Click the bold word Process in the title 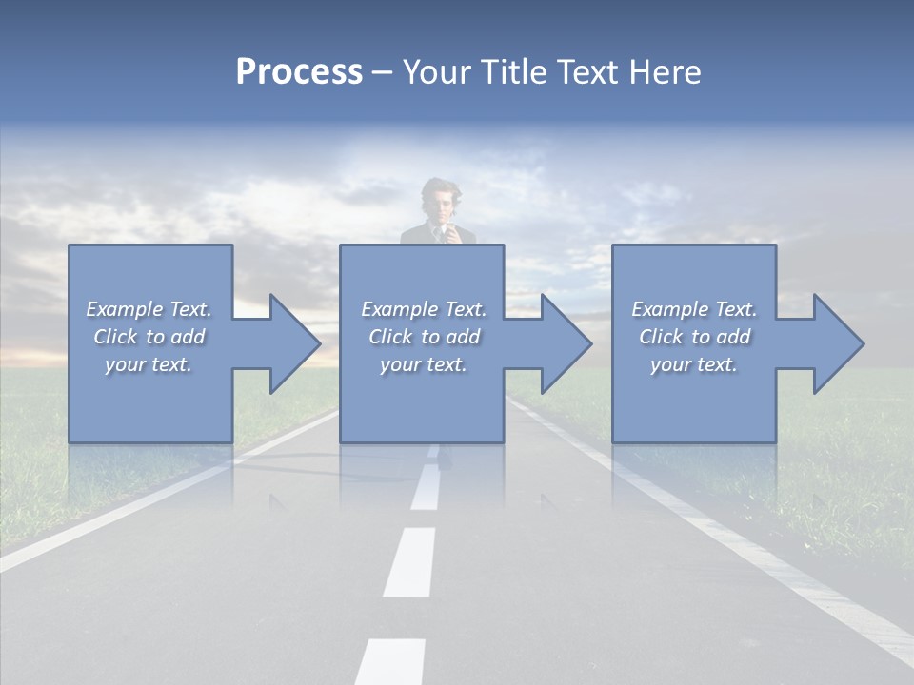coord(299,72)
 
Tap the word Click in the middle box coord(389,337)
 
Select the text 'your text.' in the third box coord(694,364)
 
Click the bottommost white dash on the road coord(391,661)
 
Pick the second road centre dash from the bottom coord(410,561)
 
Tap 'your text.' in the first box coord(149,364)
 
